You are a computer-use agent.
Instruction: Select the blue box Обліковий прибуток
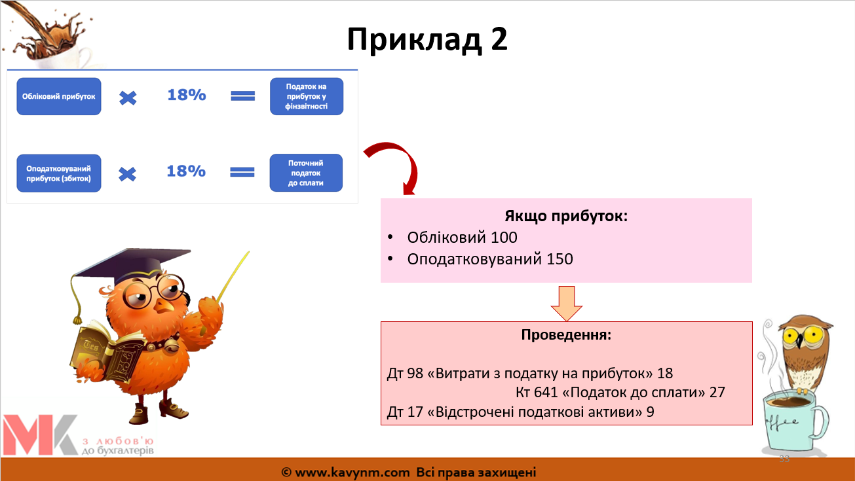click(x=59, y=96)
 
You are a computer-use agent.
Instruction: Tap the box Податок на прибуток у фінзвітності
click(x=307, y=96)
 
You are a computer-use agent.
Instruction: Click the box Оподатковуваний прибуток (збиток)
click(x=59, y=173)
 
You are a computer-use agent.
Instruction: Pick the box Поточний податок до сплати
click(x=306, y=173)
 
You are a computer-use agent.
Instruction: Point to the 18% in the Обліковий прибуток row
click(x=187, y=95)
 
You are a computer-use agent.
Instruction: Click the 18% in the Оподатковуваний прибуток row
click(x=186, y=171)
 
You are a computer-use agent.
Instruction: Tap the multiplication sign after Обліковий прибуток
click(x=128, y=98)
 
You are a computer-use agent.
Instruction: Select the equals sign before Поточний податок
click(x=242, y=172)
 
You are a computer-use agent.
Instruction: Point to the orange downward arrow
click(x=567, y=304)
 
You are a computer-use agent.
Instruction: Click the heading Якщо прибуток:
click(x=566, y=216)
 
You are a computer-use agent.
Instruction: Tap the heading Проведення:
click(x=566, y=334)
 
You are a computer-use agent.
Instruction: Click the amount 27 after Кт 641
click(x=717, y=392)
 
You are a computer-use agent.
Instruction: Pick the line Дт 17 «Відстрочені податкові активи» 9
click(x=521, y=412)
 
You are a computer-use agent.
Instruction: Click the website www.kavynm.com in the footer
click(x=352, y=472)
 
